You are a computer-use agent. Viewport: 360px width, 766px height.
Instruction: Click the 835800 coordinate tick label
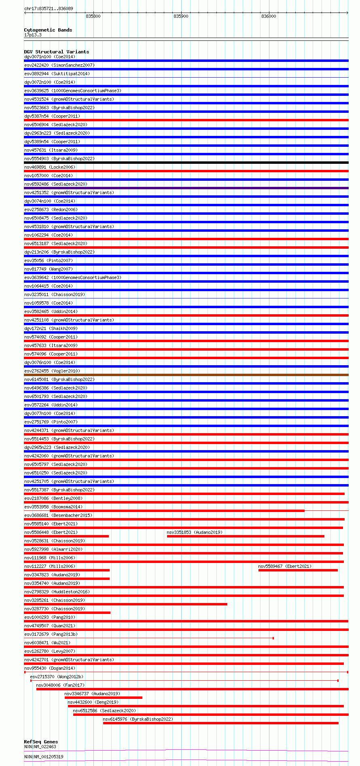coord(93,16)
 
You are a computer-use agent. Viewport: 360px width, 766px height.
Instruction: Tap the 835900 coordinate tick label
coord(181,16)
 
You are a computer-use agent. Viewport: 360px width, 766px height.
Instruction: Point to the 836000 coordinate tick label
coord(269,16)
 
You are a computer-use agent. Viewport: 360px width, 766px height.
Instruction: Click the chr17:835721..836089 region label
coord(49,8)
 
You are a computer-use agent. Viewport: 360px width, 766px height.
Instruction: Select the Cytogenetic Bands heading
coord(48,30)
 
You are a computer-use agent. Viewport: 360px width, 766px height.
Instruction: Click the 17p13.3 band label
coord(33,35)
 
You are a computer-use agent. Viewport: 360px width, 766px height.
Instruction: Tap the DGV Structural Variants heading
coord(56,52)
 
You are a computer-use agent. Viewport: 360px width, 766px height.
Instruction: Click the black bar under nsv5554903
coord(186,163)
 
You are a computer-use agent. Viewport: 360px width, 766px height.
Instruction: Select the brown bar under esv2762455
coord(186,375)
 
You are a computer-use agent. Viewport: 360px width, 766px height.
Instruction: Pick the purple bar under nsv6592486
coord(186,188)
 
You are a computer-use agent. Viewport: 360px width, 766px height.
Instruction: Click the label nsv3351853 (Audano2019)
coord(195,532)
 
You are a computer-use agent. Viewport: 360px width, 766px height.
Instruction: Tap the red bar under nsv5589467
coord(298,570)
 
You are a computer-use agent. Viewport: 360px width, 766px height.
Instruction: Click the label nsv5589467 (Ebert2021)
coord(285,566)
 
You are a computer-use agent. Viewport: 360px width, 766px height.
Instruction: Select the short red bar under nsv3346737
coord(103,698)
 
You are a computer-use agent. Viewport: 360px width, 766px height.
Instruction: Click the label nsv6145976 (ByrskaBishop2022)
coord(138,719)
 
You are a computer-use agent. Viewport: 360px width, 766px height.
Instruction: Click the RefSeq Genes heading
coord(40,742)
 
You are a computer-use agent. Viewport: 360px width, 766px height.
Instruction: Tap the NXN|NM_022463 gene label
coord(40,747)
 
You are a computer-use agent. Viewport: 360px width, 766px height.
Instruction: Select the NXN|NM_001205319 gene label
coord(44,757)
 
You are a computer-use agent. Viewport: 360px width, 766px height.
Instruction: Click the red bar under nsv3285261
coord(125,604)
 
